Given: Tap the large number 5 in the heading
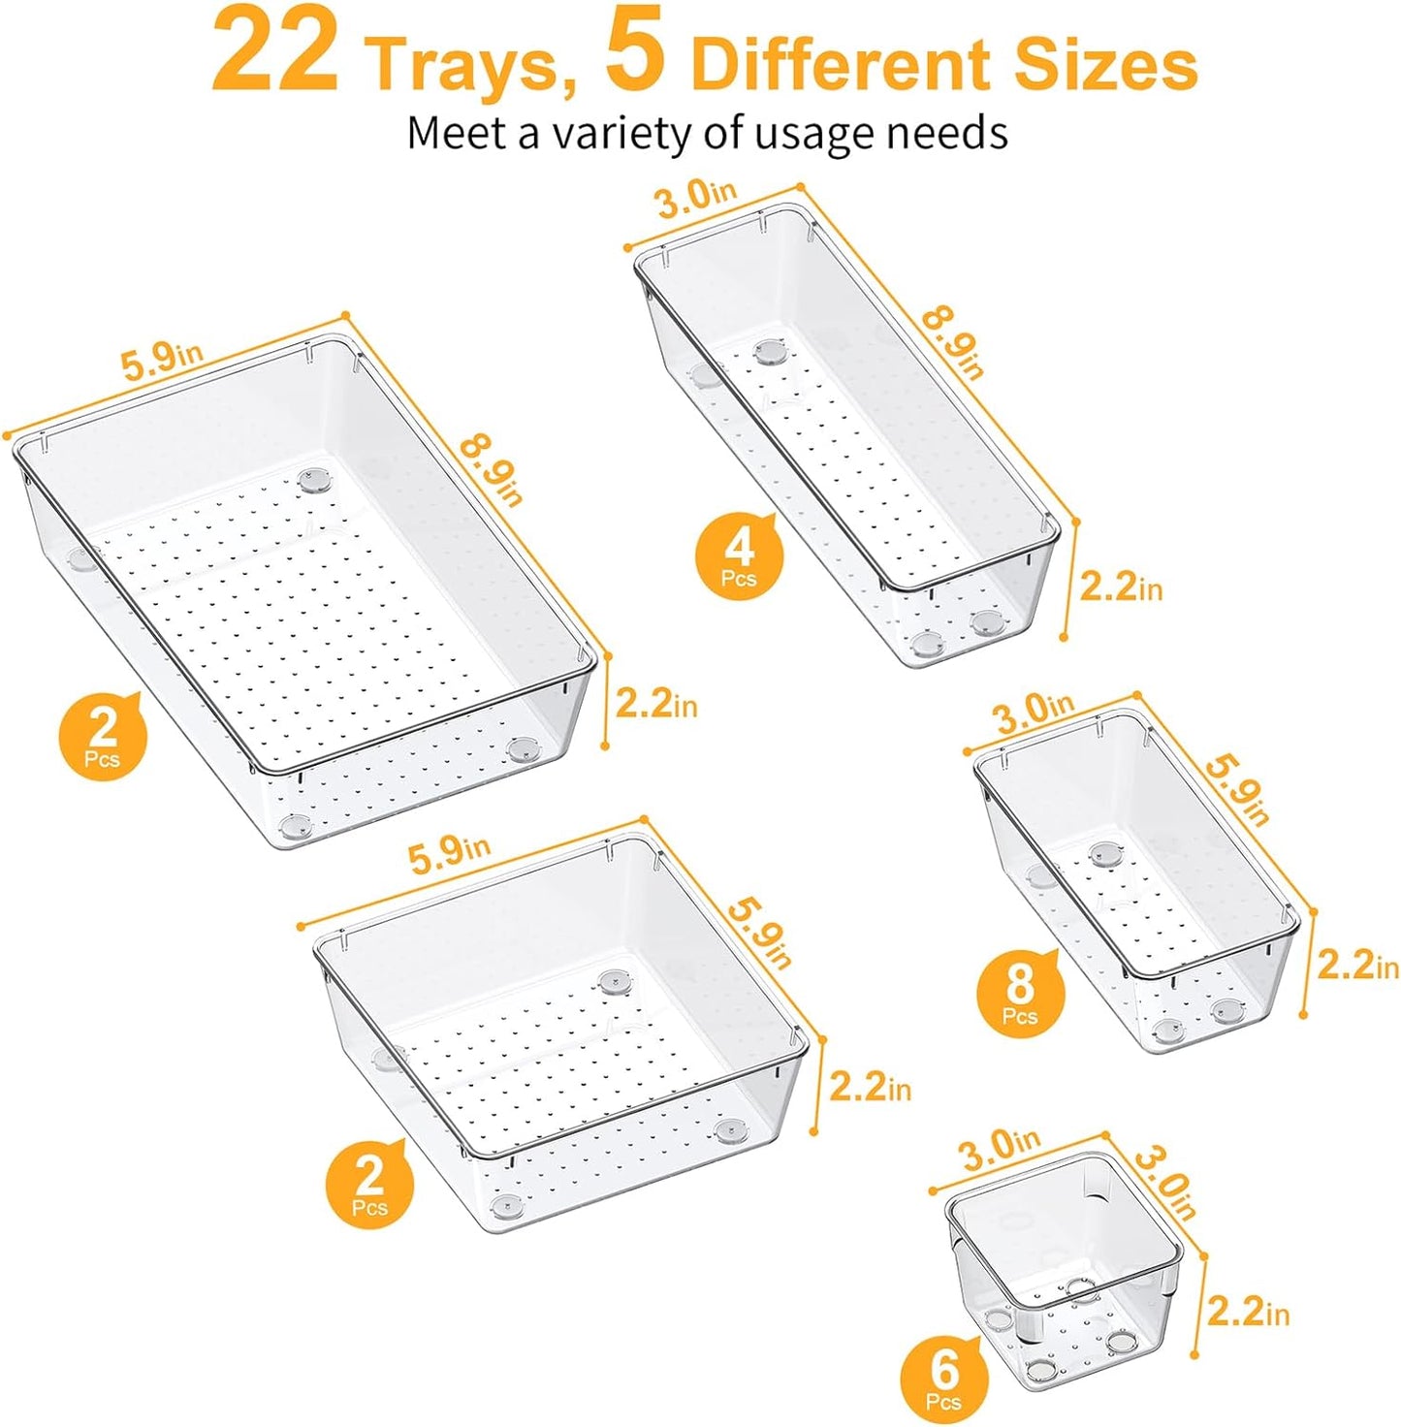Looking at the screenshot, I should [636, 54].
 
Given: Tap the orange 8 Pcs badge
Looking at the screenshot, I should [1020, 995].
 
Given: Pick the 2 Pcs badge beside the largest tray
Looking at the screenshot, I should [103, 736].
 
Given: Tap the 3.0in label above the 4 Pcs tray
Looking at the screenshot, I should [695, 198].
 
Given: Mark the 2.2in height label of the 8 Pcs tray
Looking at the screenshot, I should [1356, 965].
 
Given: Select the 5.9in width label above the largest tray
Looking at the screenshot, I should [161, 361].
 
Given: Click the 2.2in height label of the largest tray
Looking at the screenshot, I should [655, 703].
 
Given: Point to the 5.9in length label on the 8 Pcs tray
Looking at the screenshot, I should [1236, 788].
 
